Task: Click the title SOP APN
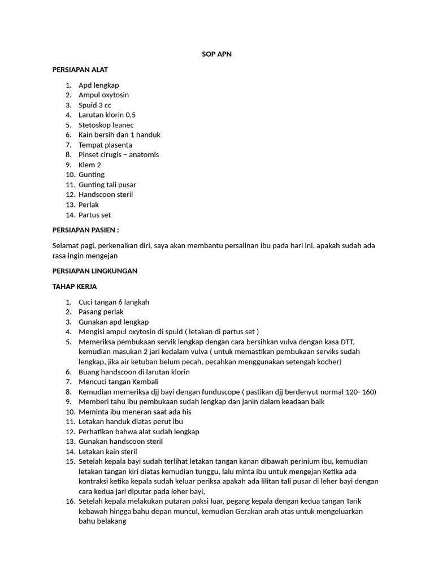(216, 54)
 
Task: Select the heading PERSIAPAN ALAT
(80, 70)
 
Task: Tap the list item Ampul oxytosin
(103, 95)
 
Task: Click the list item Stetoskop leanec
(106, 125)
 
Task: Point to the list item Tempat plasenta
(105, 145)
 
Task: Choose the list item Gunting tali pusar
(107, 184)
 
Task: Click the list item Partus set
(94, 215)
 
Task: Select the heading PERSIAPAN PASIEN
(85, 230)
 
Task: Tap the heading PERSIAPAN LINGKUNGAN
(94, 271)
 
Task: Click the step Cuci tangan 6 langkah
(114, 302)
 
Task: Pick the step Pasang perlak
(101, 312)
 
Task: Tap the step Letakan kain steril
(107, 452)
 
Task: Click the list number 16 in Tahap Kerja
(70, 502)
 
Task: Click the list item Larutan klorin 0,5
(107, 115)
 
